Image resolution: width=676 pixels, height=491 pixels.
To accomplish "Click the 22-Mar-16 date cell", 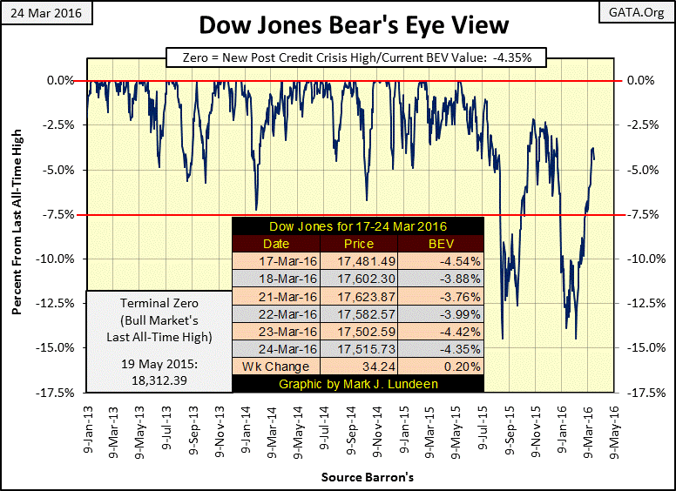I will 276,313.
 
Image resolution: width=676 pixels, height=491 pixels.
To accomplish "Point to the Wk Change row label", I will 276,366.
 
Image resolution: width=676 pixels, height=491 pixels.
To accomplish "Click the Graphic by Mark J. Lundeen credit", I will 358,383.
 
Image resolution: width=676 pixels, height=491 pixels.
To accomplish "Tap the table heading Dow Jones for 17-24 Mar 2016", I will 358,225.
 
